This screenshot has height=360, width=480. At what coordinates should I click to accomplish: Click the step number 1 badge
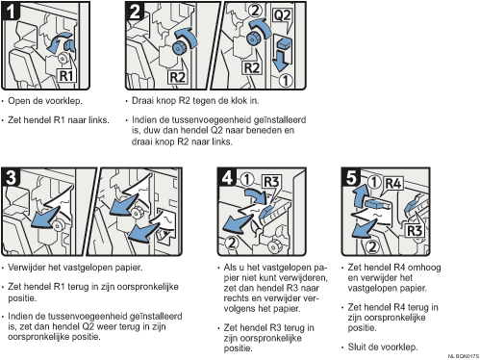[11, 11]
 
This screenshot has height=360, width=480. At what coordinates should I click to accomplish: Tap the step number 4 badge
[227, 177]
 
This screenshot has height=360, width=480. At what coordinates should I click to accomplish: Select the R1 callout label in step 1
[66, 76]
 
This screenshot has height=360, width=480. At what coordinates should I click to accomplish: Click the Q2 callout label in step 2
[282, 15]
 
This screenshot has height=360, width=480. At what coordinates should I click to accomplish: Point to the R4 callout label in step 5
[393, 184]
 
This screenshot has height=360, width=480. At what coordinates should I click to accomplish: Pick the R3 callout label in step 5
[414, 230]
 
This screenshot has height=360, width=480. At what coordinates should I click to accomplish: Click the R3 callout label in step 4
[271, 182]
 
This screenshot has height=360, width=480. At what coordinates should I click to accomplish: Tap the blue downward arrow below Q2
[281, 61]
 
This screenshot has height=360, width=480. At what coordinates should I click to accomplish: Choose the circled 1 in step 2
[285, 80]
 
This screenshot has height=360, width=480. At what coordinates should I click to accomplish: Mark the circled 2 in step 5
[371, 246]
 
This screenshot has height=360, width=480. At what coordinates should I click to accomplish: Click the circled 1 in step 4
[247, 180]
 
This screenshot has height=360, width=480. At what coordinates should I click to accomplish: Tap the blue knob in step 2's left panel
[178, 47]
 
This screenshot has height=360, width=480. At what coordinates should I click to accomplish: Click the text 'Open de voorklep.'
[45, 101]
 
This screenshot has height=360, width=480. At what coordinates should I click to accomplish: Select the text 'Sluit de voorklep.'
[383, 347]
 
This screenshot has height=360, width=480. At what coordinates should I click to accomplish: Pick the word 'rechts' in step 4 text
[237, 298]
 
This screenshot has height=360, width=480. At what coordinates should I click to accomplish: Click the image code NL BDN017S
[464, 356]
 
